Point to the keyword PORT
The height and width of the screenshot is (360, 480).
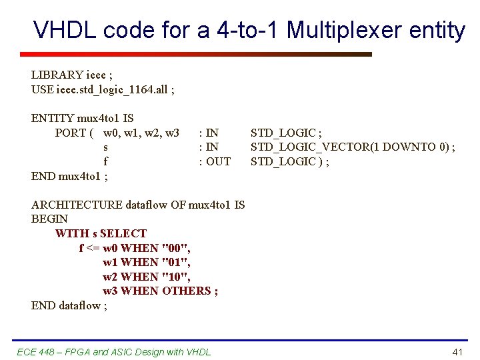tap(70, 133)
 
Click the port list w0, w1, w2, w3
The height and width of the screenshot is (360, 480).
tap(141, 133)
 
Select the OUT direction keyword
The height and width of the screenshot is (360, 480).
tap(218, 161)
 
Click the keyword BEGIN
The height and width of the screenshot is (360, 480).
tap(49, 219)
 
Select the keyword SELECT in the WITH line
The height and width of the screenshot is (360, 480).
tap(123, 233)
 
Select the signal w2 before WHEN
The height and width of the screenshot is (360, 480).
tap(111, 277)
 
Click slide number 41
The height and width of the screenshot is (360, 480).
tap(457, 351)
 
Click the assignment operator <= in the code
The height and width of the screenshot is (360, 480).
tap(93, 248)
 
